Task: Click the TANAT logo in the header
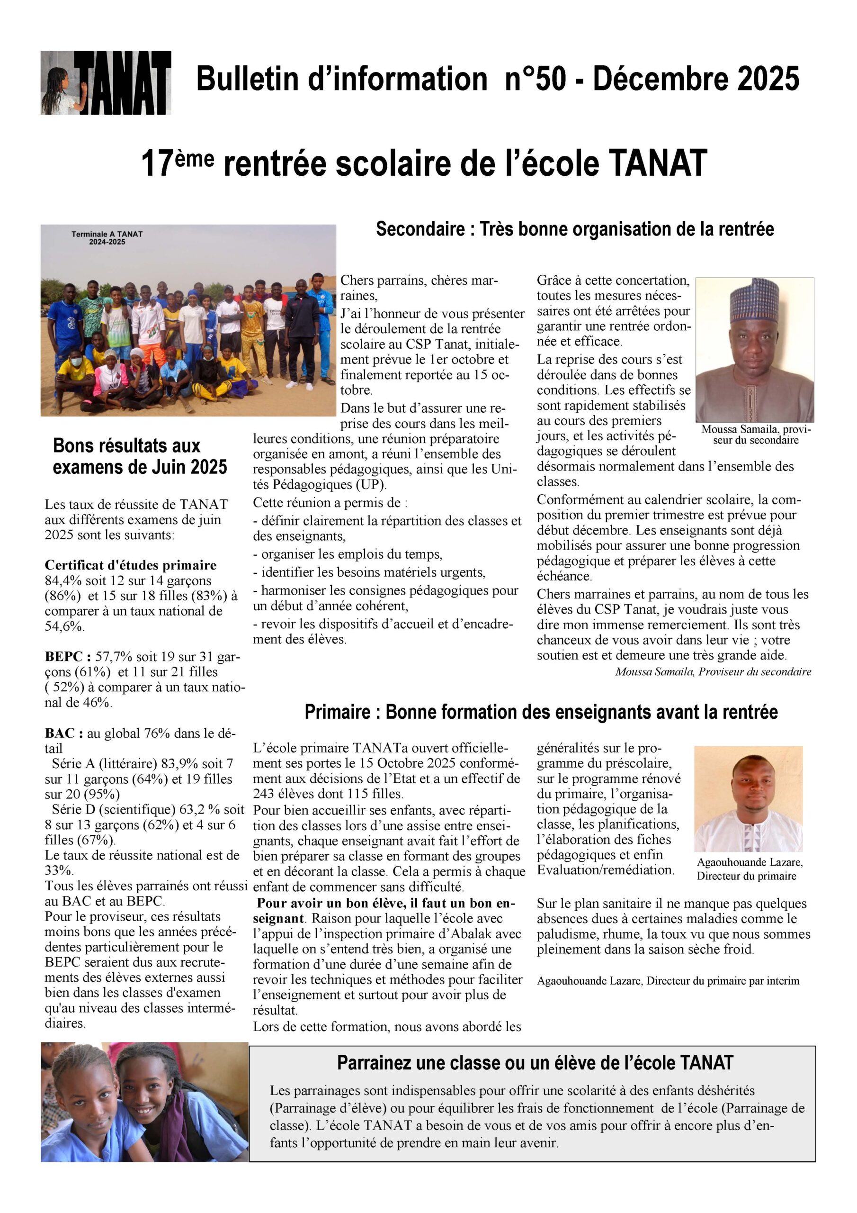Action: pyautogui.click(x=106, y=83)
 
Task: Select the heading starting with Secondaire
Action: pyautogui.click(x=574, y=229)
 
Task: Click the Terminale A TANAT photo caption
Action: pyautogui.click(x=107, y=238)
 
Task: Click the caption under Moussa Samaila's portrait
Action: pyautogui.click(x=756, y=435)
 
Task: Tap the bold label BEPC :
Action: pyautogui.click(x=68, y=657)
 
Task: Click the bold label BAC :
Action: pyautogui.click(x=64, y=733)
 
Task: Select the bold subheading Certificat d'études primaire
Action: pyautogui.click(x=130, y=565)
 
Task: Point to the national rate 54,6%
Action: pyautogui.click(x=64, y=626)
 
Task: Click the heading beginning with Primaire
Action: pyautogui.click(x=541, y=712)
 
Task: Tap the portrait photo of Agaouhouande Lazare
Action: pyautogui.click(x=748, y=798)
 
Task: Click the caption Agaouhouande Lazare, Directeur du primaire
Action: pyautogui.click(x=749, y=869)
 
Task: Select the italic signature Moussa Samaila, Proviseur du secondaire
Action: pyautogui.click(x=713, y=672)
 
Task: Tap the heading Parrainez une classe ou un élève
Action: pyautogui.click(x=535, y=1062)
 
